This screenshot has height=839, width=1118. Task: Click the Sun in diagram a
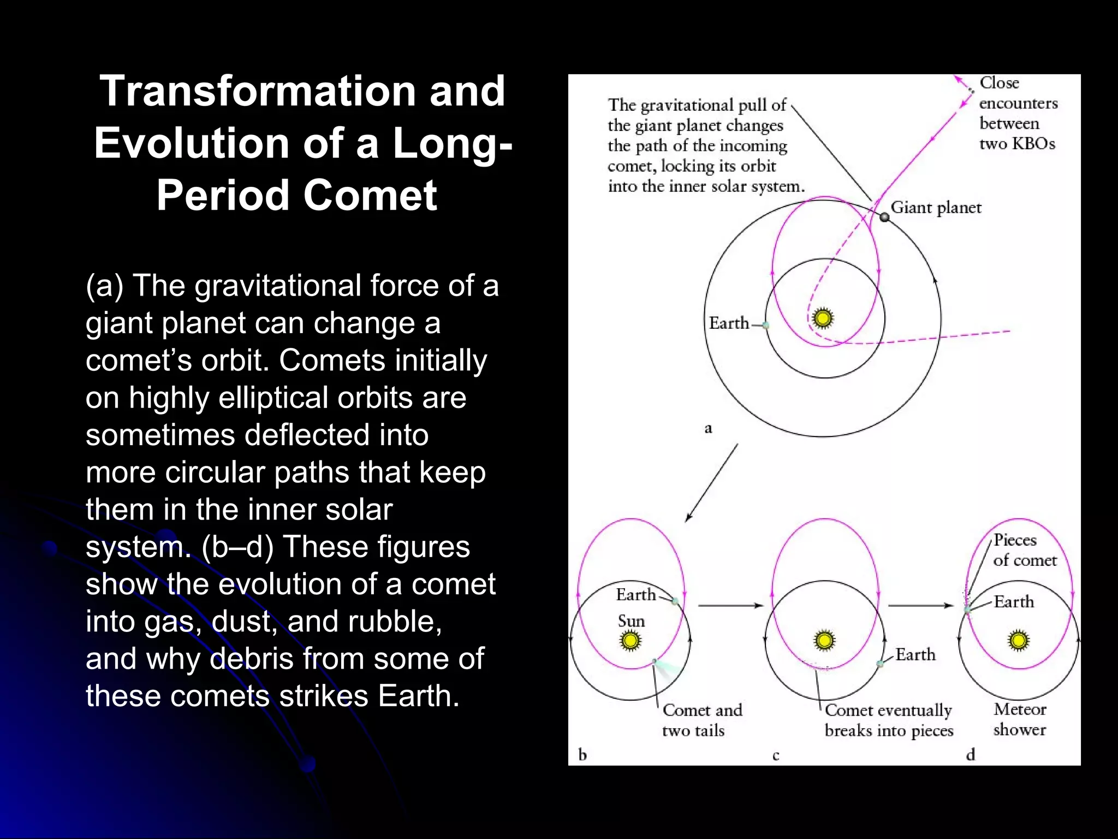(823, 318)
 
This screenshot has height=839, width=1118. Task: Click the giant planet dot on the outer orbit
(885, 217)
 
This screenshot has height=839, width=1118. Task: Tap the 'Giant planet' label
(936, 208)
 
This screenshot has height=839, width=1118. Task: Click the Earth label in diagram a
(729, 323)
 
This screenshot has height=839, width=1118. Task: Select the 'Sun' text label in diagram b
(631, 621)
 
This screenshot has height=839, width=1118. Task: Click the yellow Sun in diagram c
(824, 640)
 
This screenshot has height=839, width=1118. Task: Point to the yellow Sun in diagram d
(1018, 640)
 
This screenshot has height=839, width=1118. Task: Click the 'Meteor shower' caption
(1020, 719)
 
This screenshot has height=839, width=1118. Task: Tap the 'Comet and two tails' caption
(702, 720)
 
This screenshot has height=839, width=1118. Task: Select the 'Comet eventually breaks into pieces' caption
(889, 720)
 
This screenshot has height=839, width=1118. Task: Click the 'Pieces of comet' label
(1024, 550)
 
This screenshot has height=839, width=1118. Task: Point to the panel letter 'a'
(708, 428)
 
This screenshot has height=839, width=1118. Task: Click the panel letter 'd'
(970, 755)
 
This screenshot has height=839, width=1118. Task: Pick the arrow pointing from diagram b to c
(730, 605)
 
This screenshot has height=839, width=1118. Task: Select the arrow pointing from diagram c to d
(920, 605)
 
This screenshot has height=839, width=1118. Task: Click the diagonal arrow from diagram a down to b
(712, 482)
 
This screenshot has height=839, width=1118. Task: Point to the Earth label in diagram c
(915, 654)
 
